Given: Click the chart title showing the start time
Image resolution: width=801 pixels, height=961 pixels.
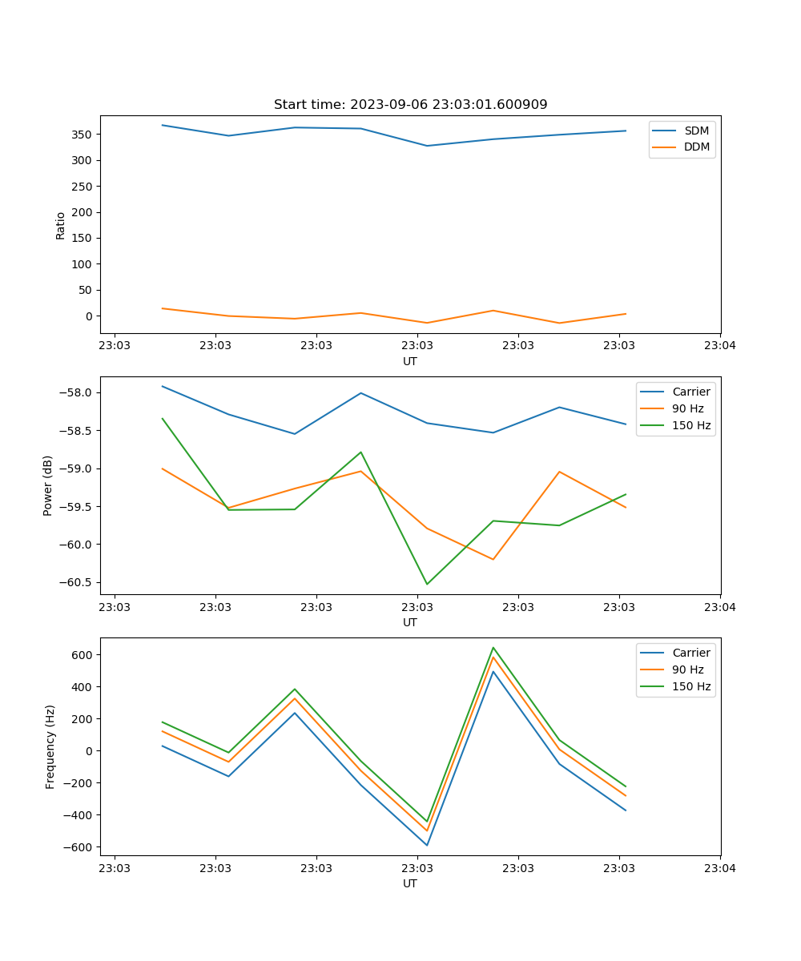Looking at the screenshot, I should [410, 105].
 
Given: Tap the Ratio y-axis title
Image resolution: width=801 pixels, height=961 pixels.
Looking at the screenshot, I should [61, 226].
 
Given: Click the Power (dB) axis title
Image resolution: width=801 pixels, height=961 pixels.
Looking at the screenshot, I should [48, 485].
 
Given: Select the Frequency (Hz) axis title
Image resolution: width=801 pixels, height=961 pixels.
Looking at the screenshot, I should [50, 746].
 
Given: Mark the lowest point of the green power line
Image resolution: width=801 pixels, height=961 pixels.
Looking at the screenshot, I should [427, 584].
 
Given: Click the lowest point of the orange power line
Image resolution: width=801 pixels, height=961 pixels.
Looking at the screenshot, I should [493, 559].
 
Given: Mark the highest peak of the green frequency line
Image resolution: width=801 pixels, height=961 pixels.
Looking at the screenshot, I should [493, 648].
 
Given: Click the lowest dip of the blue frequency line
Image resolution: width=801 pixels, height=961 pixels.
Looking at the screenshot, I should [427, 845].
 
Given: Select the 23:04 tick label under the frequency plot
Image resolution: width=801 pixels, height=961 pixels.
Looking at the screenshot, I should [719, 868].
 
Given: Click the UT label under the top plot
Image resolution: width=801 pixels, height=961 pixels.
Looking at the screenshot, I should [410, 361].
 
